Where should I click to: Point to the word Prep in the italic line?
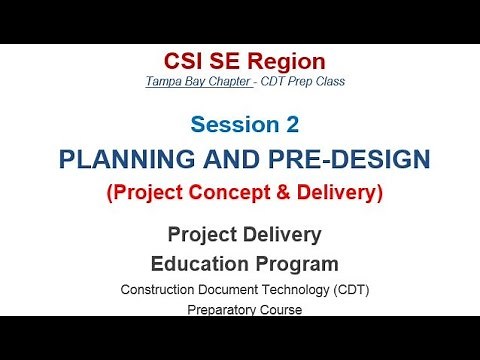pyautogui.click(x=308, y=80)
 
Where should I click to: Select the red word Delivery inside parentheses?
pyautogui.click(x=331, y=192)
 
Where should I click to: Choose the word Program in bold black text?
pyautogui.click(x=298, y=264)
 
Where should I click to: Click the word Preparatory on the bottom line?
pyautogui.click(x=217, y=310)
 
